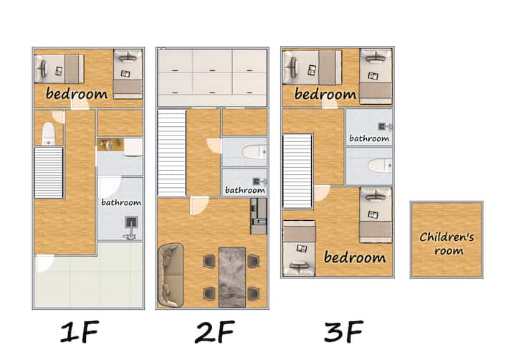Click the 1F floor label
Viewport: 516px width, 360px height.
click(x=80, y=332)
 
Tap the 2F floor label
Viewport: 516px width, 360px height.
click(x=214, y=332)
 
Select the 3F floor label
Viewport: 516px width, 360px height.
click(x=343, y=332)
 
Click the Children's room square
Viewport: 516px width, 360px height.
click(x=446, y=240)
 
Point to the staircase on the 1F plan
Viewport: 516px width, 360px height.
click(x=49, y=173)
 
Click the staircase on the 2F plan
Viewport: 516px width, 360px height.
click(x=172, y=153)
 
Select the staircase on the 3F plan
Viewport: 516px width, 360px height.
click(x=297, y=171)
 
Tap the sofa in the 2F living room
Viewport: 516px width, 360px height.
click(x=171, y=275)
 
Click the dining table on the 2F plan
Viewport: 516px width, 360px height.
click(x=232, y=278)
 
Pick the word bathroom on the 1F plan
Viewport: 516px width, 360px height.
click(x=121, y=202)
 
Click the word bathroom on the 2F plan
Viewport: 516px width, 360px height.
click(x=245, y=190)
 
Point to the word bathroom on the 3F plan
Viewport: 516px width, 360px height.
click(x=369, y=138)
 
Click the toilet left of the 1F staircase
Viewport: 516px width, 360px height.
click(x=49, y=133)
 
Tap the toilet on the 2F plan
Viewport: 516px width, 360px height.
click(x=254, y=152)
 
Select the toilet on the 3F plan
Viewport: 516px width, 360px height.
click(x=380, y=165)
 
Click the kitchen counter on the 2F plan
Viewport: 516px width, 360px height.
click(x=259, y=216)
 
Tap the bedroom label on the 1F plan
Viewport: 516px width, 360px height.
click(x=77, y=93)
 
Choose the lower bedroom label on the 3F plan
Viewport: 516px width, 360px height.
click(x=355, y=257)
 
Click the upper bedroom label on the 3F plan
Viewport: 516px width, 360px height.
click(x=325, y=94)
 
